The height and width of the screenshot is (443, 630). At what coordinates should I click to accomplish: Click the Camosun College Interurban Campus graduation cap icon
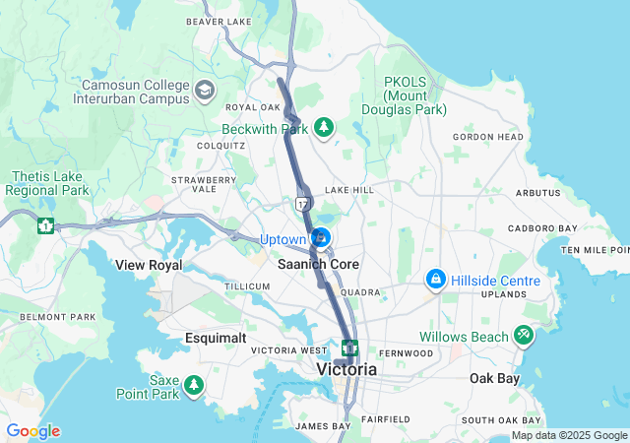(x=205, y=91)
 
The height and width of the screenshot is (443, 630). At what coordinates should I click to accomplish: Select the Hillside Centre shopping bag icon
(x=435, y=281)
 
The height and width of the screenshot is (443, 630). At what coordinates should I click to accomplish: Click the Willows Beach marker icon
(x=523, y=337)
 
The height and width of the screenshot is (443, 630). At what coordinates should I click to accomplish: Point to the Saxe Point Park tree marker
(x=195, y=383)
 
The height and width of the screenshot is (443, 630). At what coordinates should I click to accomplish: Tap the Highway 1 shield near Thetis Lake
(x=45, y=225)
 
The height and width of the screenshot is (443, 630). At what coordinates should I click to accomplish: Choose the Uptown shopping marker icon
(x=321, y=239)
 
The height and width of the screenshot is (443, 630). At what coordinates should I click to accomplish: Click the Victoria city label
(x=346, y=369)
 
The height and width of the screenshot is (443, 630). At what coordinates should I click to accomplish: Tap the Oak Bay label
(x=493, y=378)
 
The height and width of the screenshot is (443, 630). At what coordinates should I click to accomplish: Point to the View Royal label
(x=149, y=265)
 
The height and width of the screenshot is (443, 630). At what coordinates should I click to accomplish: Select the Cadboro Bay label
(x=543, y=228)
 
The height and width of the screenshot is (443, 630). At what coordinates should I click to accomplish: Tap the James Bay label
(x=322, y=426)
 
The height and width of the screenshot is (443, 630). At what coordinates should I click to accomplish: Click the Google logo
(x=32, y=431)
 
